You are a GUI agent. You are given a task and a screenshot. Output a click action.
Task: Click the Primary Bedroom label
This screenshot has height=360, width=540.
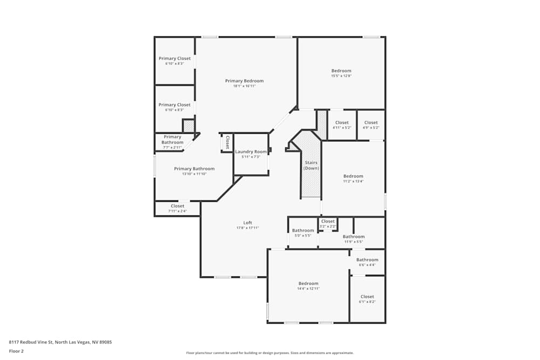coord(244,81)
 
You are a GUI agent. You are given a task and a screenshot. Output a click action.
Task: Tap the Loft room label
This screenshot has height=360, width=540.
coord(247,223)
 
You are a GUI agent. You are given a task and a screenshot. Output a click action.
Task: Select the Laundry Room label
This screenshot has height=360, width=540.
coord(251,152)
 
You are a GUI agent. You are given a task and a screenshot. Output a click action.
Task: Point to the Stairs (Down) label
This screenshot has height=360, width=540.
coord(311,165)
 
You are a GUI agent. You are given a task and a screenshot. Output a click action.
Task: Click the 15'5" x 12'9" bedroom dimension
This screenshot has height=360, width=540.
coord(341,76)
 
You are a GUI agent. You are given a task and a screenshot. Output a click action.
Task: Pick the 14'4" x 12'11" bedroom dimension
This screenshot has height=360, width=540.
coord(308,289)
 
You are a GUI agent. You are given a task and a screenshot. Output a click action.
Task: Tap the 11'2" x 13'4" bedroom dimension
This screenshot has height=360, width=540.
coord(354,181)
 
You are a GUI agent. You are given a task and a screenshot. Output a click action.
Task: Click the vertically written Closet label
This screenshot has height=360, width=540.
coord(227,142)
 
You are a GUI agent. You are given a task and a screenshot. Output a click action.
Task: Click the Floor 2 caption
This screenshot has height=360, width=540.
coord(16,351)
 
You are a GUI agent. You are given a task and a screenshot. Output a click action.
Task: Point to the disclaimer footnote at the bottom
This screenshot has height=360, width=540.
coord(269,353)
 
